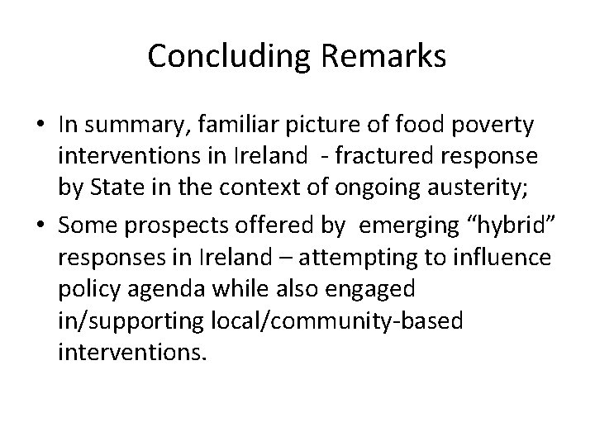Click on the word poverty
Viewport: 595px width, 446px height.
pyautogui.click(x=494, y=126)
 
